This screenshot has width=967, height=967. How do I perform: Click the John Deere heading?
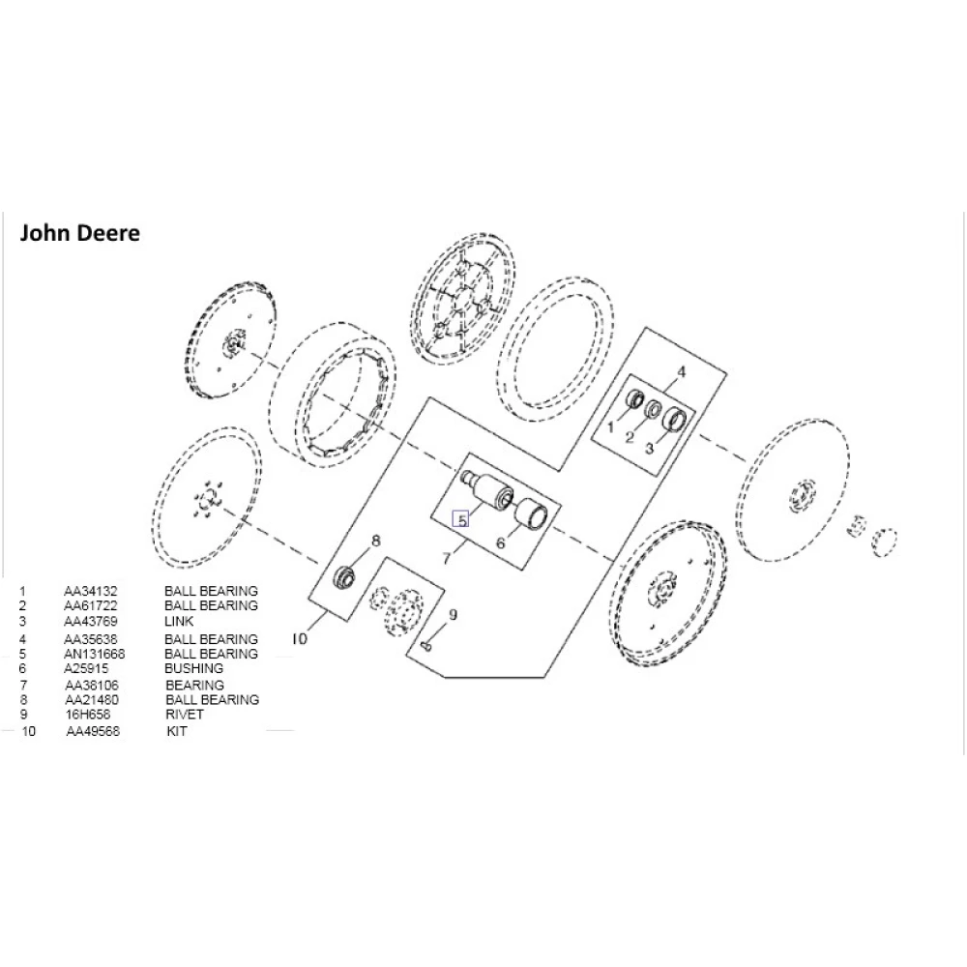coord(80,234)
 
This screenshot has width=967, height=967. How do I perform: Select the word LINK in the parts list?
coord(179,621)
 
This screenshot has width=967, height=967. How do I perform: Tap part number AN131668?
coord(94,654)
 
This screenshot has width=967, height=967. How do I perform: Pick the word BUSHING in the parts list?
coord(193,668)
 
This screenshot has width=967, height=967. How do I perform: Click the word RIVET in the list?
coord(185,715)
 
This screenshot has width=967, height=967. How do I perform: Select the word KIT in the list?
coord(177,732)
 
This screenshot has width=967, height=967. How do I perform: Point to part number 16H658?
coord(84,715)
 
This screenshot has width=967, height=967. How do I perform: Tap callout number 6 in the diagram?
coord(501,543)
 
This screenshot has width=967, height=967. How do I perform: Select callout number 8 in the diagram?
coord(376,541)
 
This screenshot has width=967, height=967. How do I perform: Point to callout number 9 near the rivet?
coord(453,614)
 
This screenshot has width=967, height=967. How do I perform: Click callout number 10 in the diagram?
coord(300,638)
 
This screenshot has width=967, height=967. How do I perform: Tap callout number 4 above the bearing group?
coord(681,371)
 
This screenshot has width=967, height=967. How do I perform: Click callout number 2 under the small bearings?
coord(629,438)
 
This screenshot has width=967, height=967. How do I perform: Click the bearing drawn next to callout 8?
coord(343,577)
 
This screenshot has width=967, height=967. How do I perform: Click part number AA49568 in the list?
coord(93,732)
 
